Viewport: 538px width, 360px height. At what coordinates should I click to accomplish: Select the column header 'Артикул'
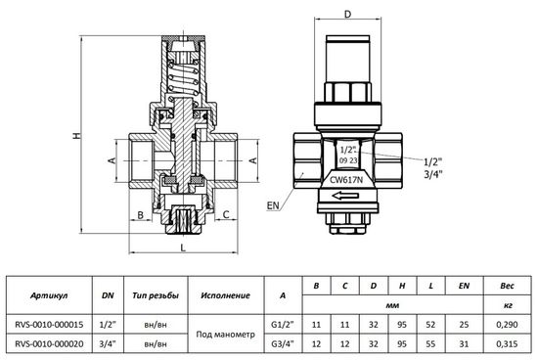pyautogui.click(x=50, y=294)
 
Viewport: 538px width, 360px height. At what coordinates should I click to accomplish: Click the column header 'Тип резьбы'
pyautogui.click(x=155, y=294)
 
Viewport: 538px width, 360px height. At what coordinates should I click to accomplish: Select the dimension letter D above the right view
pyautogui.click(x=347, y=14)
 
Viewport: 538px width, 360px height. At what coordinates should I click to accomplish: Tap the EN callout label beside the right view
pyautogui.click(x=273, y=206)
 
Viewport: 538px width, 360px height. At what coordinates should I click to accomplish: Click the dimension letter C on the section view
pyautogui.click(x=226, y=213)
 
